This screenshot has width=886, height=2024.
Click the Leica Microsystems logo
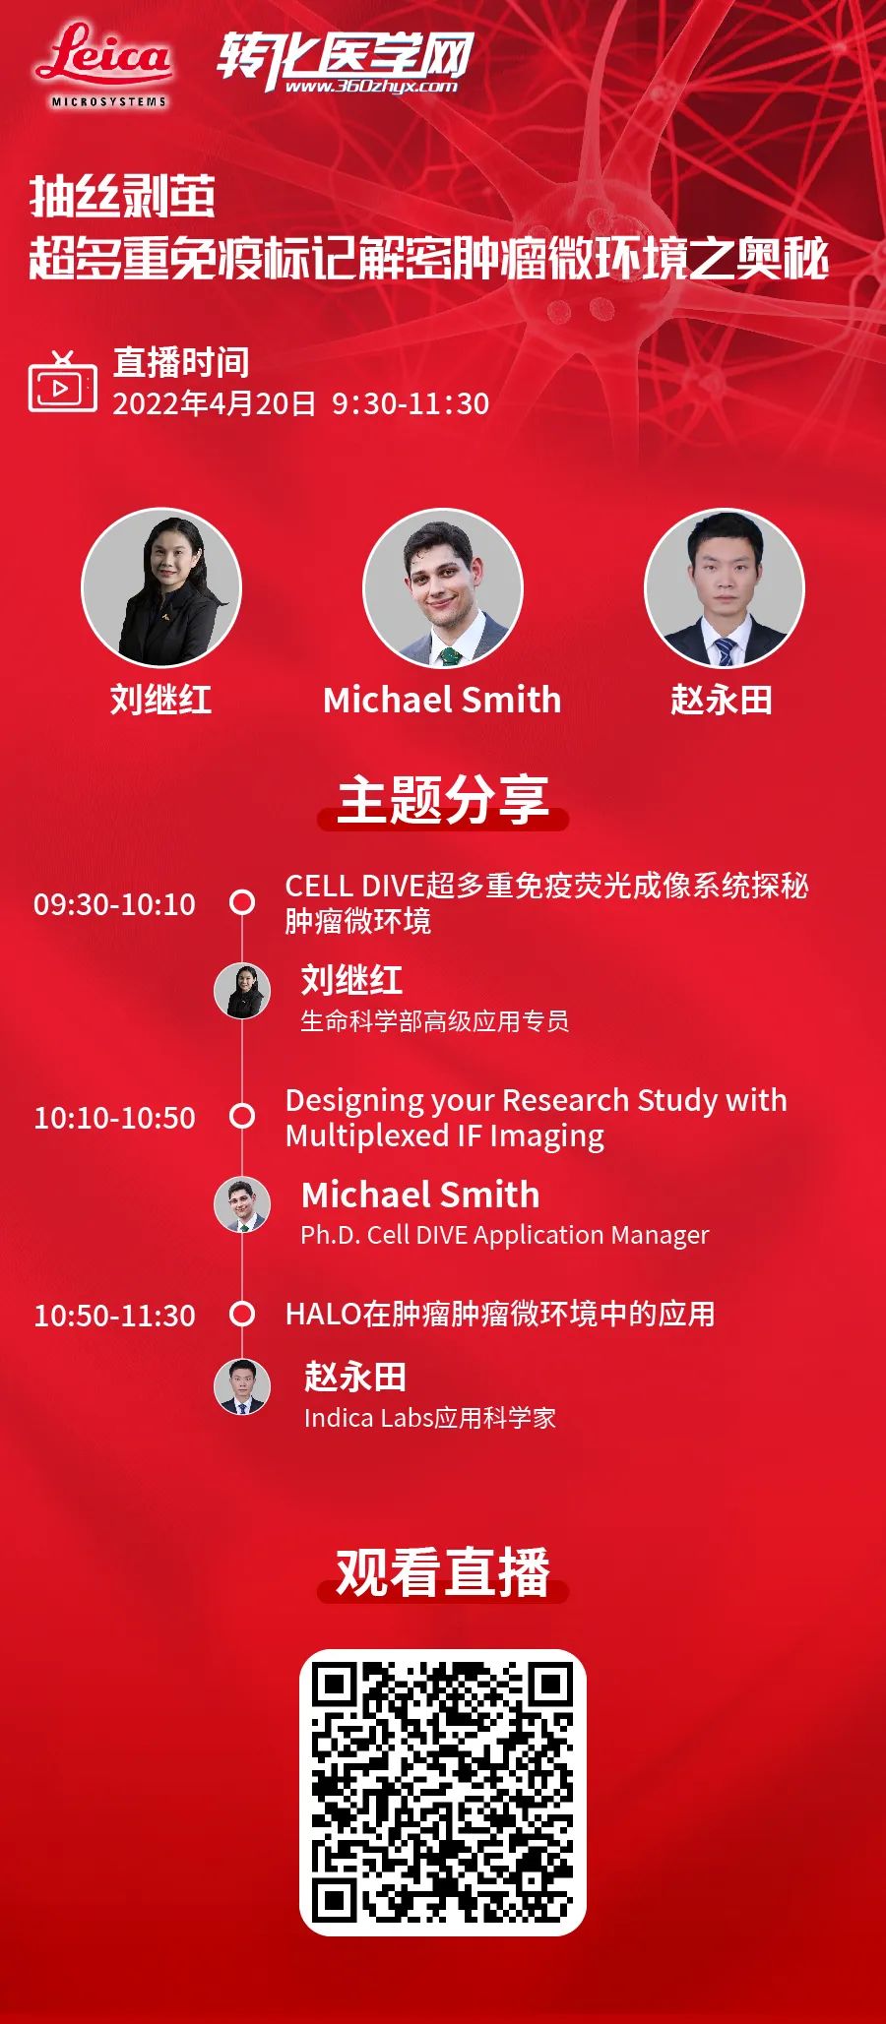click(x=104, y=65)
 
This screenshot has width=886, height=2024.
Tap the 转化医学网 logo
click(x=345, y=61)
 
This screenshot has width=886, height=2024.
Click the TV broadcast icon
click(x=62, y=381)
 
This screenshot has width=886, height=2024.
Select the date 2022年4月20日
click(x=214, y=403)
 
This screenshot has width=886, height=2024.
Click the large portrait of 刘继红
click(x=161, y=588)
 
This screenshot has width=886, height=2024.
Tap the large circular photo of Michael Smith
click(x=443, y=588)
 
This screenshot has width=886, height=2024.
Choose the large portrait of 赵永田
click(x=724, y=588)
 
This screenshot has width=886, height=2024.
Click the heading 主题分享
click(x=443, y=798)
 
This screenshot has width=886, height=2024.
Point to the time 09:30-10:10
click(x=114, y=903)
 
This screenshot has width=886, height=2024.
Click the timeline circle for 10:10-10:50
click(x=242, y=1116)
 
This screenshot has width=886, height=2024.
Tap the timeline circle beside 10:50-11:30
click(x=242, y=1314)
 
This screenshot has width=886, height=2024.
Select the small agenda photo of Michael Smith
click(x=242, y=1203)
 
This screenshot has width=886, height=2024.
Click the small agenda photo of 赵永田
click(x=242, y=1385)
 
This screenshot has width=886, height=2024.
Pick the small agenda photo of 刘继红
click(x=242, y=991)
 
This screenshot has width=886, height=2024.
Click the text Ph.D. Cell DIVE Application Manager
click(x=504, y=1235)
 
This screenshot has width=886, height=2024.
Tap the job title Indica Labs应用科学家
click(x=430, y=1418)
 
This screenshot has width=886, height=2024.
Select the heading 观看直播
click(x=443, y=1571)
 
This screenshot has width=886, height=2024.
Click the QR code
click(x=443, y=1793)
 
